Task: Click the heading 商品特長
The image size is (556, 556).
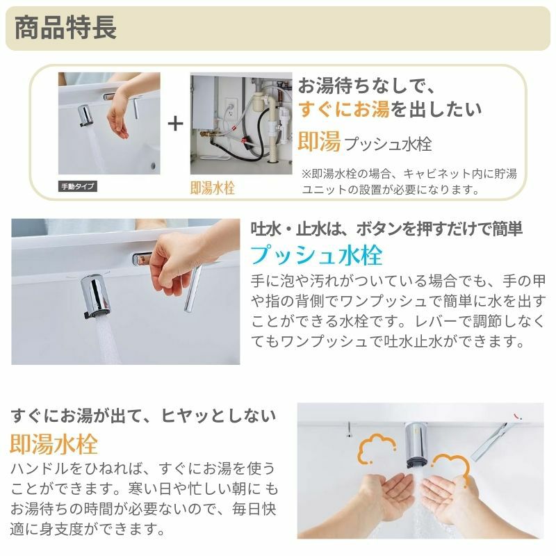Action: (65, 28)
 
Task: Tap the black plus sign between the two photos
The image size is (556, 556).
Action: (176, 124)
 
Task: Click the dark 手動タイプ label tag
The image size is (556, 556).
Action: (78, 186)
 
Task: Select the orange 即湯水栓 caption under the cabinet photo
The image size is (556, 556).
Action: (213, 188)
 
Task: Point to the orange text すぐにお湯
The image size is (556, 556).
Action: (344, 109)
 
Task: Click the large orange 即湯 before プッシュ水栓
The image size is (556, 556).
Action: (319, 141)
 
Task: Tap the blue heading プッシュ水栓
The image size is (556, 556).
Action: (316, 254)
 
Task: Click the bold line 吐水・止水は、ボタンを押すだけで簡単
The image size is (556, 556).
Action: (386, 229)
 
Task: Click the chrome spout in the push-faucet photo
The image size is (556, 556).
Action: (95, 296)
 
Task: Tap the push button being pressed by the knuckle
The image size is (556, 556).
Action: (141, 259)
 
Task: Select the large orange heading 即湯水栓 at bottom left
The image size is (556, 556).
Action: (54, 443)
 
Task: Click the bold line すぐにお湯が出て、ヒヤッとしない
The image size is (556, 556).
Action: (143, 416)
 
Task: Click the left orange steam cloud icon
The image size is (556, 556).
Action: (376, 448)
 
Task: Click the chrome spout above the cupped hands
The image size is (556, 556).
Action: (416, 445)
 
